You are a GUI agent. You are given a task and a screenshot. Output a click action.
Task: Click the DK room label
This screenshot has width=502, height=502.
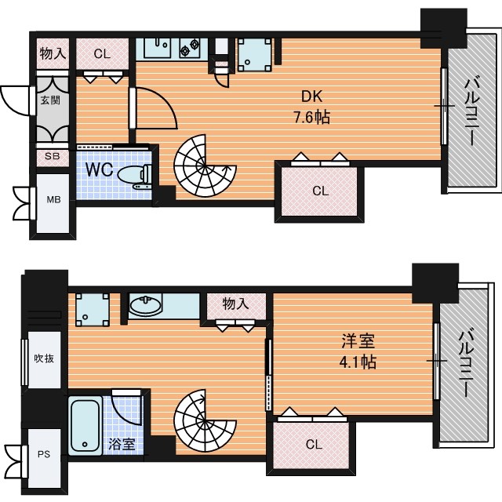pos(312,96)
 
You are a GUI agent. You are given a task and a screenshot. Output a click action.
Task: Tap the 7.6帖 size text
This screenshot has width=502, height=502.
pos(312,117)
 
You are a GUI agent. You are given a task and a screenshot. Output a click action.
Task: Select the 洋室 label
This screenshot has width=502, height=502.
pos(358,340)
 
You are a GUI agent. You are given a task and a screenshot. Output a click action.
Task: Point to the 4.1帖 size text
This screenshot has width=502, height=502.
pos(358,362)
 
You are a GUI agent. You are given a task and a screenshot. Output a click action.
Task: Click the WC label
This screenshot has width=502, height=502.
pos(100,169)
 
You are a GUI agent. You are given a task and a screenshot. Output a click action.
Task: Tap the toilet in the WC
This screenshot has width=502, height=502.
pos(135,176)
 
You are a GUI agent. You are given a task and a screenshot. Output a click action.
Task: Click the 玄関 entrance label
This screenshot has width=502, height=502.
pos(50,100)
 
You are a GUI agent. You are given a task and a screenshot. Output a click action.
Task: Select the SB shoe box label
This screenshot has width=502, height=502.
pos(52,156)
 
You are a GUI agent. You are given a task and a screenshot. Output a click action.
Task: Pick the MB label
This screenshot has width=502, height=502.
pos(53,200)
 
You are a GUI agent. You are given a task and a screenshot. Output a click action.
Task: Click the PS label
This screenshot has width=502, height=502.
pos(44,454)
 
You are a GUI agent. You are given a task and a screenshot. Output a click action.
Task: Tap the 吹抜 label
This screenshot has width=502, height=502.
pos(44,358)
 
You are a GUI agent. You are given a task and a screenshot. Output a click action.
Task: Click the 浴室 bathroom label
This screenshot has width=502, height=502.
pos(122,444)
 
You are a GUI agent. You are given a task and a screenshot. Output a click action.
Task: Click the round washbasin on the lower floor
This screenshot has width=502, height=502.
pos(146,306)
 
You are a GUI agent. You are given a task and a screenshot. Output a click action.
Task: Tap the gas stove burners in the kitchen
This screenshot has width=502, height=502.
pos(190,47)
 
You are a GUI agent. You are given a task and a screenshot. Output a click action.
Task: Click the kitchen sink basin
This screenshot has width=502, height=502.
pos(157,47)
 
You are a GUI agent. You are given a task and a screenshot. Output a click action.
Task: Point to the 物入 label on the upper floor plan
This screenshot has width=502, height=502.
pos(53,53)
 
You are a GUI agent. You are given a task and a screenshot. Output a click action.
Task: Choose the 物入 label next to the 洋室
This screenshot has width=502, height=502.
pos(235,304)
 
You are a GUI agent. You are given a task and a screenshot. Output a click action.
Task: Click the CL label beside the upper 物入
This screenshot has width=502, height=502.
pos(102,54)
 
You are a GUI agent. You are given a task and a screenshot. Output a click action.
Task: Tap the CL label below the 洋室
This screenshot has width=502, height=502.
pos(314,445)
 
